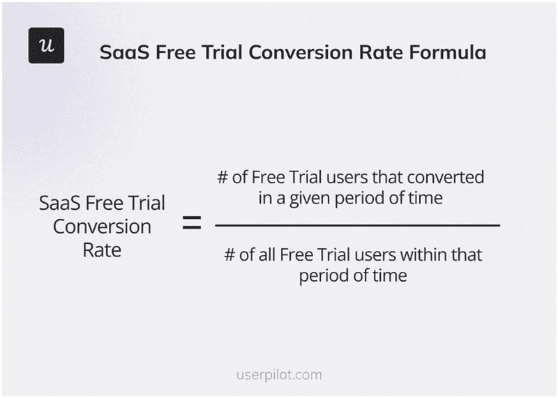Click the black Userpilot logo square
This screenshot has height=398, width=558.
click(46, 46)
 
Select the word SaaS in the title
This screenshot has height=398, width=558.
click(123, 53)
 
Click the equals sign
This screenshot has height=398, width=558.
click(191, 224)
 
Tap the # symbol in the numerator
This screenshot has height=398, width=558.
click(223, 177)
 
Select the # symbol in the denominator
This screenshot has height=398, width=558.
click(230, 254)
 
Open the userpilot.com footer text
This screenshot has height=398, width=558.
click(278, 374)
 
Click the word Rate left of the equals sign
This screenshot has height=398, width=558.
click(102, 249)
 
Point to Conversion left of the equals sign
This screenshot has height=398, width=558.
click(102, 227)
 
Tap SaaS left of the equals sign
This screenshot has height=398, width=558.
click(59, 204)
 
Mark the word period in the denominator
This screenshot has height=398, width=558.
click(324, 275)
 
